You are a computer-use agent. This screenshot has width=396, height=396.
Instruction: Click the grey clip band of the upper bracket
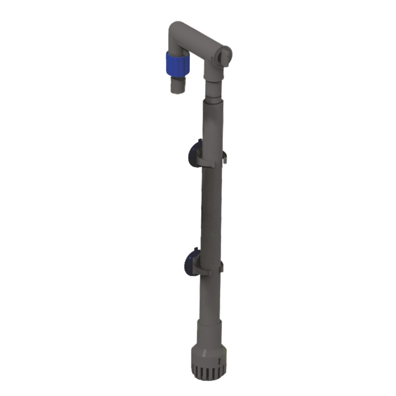[207, 162]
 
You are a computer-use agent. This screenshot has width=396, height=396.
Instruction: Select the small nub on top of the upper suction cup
[199, 141]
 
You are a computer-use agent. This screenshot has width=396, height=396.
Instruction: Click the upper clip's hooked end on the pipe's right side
[224, 156]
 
